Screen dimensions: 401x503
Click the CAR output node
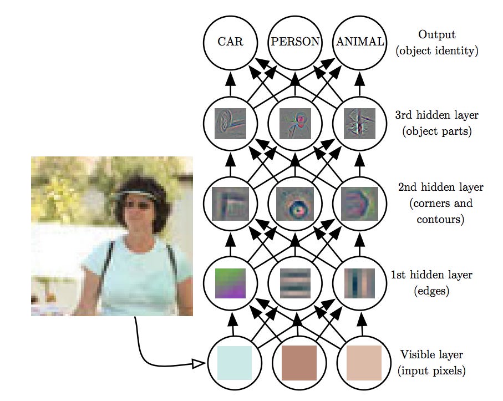tap(230, 42)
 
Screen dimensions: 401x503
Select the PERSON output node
tap(295, 42)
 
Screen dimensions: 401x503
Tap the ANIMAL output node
tap(359, 42)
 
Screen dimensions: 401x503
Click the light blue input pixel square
tap(234, 363)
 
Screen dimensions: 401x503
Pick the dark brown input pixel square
tap(299, 363)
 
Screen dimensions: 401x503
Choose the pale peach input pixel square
tap(364, 363)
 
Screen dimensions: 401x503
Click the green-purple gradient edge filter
tap(230, 283)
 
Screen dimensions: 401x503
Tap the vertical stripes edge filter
tap(359, 283)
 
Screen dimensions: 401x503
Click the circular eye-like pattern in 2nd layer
tap(295, 204)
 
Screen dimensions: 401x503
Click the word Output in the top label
tap(436, 35)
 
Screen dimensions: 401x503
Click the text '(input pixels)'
tap(431, 370)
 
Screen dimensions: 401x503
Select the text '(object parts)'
tap(438, 131)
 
